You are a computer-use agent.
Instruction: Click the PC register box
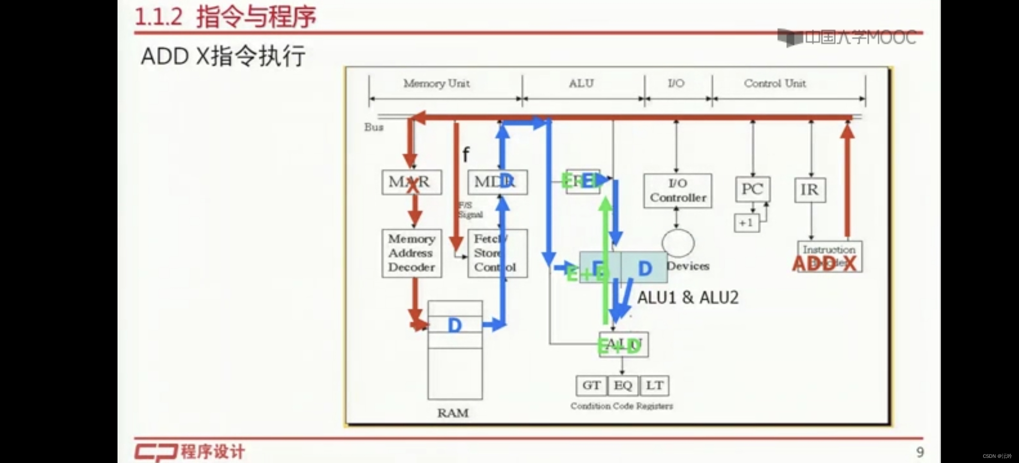point(753,189)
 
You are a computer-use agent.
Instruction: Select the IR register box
point(810,190)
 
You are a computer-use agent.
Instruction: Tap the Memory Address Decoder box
point(411,253)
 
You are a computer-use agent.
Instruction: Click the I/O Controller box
point(678,191)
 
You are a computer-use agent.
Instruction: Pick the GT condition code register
point(591,385)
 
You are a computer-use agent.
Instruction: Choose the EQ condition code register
point(623,385)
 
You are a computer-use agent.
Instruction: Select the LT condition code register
point(654,385)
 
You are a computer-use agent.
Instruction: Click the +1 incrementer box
point(746,223)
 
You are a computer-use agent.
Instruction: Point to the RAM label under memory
point(452,413)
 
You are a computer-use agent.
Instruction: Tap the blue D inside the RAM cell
point(455,325)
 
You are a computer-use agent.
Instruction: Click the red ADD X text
point(824,264)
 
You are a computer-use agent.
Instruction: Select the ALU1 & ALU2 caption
point(687,298)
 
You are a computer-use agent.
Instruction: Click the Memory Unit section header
point(436,83)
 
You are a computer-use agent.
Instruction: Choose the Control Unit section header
point(775,83)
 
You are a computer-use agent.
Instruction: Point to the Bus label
point(374,127)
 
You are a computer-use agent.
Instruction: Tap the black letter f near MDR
point(466,154)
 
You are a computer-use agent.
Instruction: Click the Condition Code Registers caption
point(621,406)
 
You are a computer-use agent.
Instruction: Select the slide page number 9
point(920,452)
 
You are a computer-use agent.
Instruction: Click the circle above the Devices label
point(678,243)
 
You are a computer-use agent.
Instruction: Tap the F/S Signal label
point(470,210)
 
